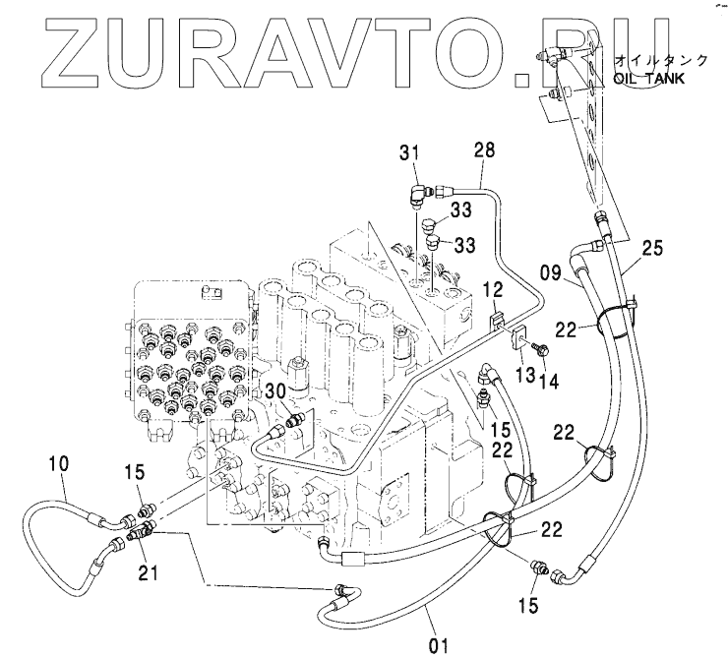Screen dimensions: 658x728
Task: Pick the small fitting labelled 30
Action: (x=292, y=422)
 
